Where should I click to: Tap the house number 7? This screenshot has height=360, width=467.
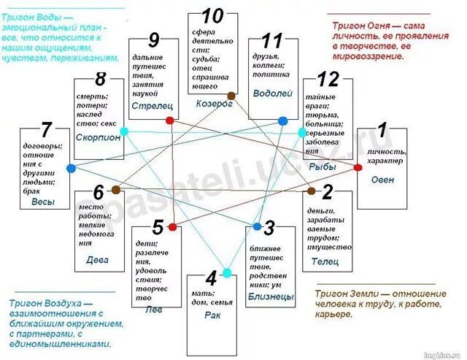pyautogui.click(x=47, y=131)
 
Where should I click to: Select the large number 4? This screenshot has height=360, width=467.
pyautogui.click(x=212, y=278)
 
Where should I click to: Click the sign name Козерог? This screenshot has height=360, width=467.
pyautogui.click(x=214, y=104)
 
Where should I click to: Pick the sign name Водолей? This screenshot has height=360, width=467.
pyautogui.click(x=272, y=93)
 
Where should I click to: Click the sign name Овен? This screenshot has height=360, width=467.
pyautogui.click(x=382, y=180)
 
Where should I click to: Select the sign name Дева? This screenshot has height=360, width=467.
pyautogui.click(x=97, y=258)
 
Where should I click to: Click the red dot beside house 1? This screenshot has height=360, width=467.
pyautogui.click(x=358, y=167)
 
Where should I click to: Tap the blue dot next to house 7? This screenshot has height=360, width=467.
pyautogui.click(x=71, y=168)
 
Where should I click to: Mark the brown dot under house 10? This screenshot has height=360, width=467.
pyautogui.click(x=231, y=95)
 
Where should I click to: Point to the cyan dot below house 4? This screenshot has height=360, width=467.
pyautogui.click(x=227, y=272)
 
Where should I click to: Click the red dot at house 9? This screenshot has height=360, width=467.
pyautogui.click(x=169, y=120)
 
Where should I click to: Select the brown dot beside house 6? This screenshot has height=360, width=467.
pyautogui.click(x=117, y=190)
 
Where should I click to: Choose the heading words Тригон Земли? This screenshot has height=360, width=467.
pyautogui.click(x=345, y=294)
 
